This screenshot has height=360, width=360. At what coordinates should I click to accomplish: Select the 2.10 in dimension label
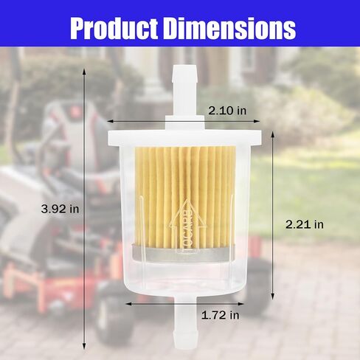tap(226, 111)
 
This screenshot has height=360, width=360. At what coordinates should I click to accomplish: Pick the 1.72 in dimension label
tap(221, 315)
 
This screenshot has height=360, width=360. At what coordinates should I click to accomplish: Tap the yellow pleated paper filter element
tap(184, 192)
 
